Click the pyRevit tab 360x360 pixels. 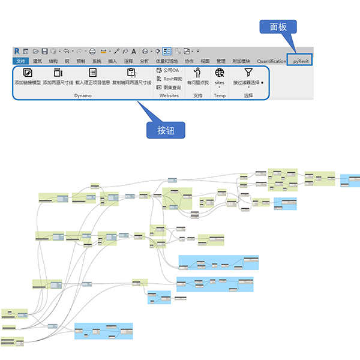[x=301, y=61]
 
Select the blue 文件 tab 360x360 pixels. [x=21, y=61]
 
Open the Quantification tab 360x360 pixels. [x=271, y=61]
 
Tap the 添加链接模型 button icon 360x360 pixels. [x=27, y=73]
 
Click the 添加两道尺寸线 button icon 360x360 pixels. [x=58, y=73]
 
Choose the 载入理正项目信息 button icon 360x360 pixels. [x=92, y=73]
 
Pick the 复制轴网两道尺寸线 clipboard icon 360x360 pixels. [x=131, y=73]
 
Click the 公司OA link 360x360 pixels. [x=167, y=70]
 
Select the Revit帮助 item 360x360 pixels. [x=169, y=79]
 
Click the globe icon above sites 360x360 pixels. [x=220, y=73]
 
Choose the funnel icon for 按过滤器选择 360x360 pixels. [x=248, y=73]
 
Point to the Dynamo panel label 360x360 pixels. [x=83, y=95]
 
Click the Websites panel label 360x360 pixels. [x=169, y=95]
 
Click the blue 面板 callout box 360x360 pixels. [x=278, y=27]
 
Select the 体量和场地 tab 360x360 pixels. [x=167, y=61]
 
